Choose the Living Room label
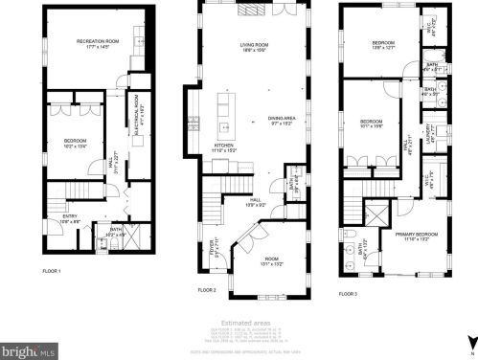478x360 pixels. pyautogui.click(x=254, y=46)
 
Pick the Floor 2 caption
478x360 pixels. pyautogui.click(x=207, y=289)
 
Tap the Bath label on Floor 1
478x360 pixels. pyautogui.click(x=116, y=230)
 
